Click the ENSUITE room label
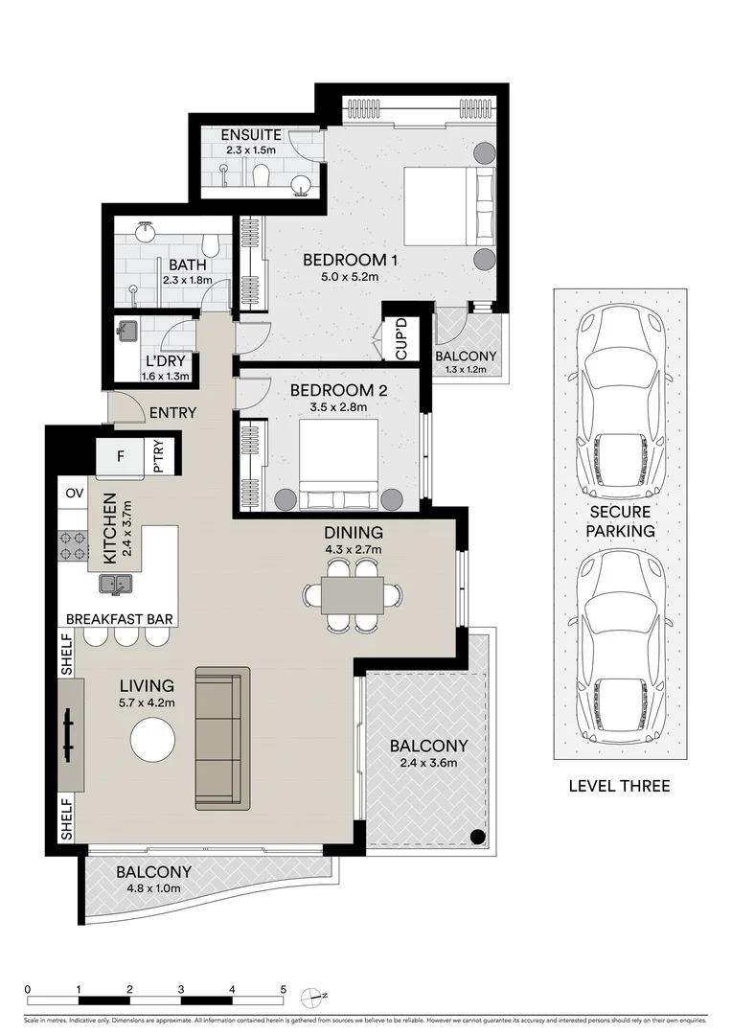click(x=251, y=135)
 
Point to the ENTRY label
click(x=173, y=413)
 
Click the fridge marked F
click(x=120, y=456)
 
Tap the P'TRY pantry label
click(x=159, y=458)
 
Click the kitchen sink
click(x=117, y=583)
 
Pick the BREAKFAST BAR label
click(x=120, y=619)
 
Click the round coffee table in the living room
click(x=153, y=741)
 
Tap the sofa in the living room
click(x=222, y=739)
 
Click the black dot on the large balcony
click(x=476, y=837)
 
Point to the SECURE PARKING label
click(x=622, y=520)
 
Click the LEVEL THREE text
click(x=619, y=786)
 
